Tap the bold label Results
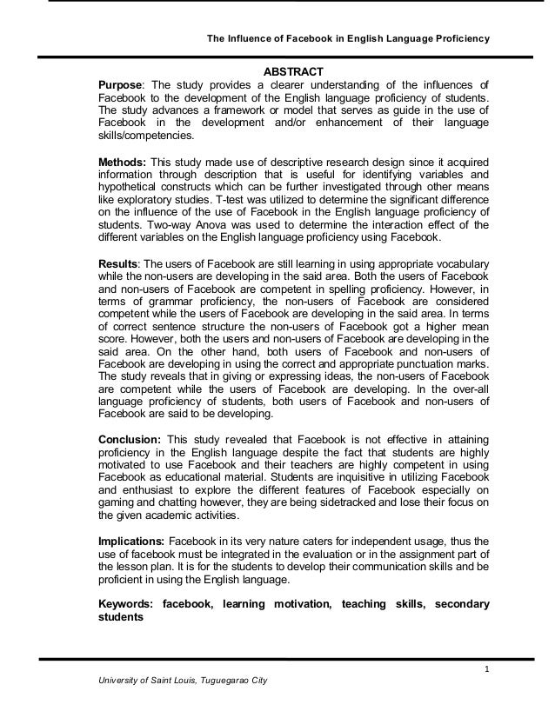tap(118, 263)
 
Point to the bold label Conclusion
tap(129, 439)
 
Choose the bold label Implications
tap(130, 540)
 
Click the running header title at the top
tap(346, 39)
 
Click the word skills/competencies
tap(146, 136)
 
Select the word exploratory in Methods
tap(143, 199)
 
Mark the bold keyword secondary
tap(458, 603)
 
